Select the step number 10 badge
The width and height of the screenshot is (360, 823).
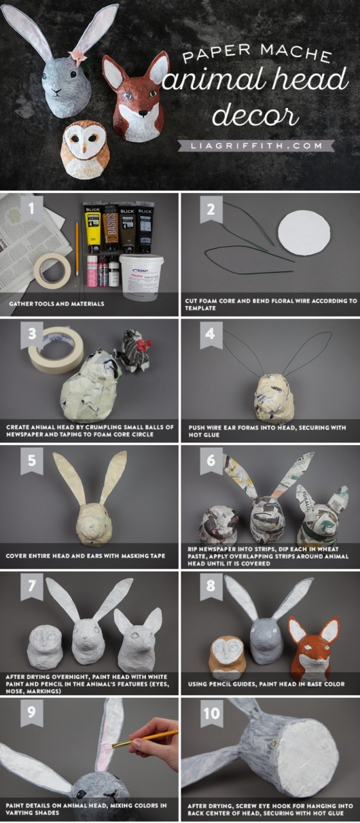tap(212, 713)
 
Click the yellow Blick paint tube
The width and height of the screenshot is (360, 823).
tap(92, 228)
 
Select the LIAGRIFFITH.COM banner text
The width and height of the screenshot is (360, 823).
tap(256, 146)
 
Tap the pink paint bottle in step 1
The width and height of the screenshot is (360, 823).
tap(92, 271)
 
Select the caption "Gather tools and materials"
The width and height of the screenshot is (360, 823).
tap(57, 304)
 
